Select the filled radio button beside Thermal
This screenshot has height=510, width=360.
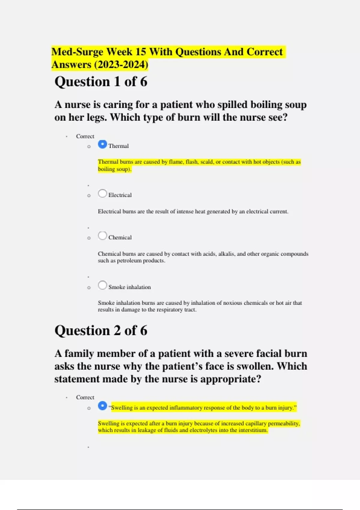point(102,144)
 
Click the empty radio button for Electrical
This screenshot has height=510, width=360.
point(102,193)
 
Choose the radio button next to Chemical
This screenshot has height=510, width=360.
point(102,236)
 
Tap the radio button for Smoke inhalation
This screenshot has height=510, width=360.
point(102,285)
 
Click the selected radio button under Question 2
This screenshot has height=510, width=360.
point(102,406)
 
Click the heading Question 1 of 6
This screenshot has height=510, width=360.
point(101,82)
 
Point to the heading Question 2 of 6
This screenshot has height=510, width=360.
point(101,331)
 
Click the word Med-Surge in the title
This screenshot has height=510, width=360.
point(77,52)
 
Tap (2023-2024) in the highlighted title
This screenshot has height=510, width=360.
point(121,64)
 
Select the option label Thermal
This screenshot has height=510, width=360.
point(118,146)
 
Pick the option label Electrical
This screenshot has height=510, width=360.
point(120,195)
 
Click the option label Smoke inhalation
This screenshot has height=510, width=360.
point(130,287)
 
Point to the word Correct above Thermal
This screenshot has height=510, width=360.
point(85,136)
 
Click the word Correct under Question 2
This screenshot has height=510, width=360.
point(85,397)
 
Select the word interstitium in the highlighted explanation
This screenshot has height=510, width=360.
point(253,430)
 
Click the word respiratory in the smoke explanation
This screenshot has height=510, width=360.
point(165,310)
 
